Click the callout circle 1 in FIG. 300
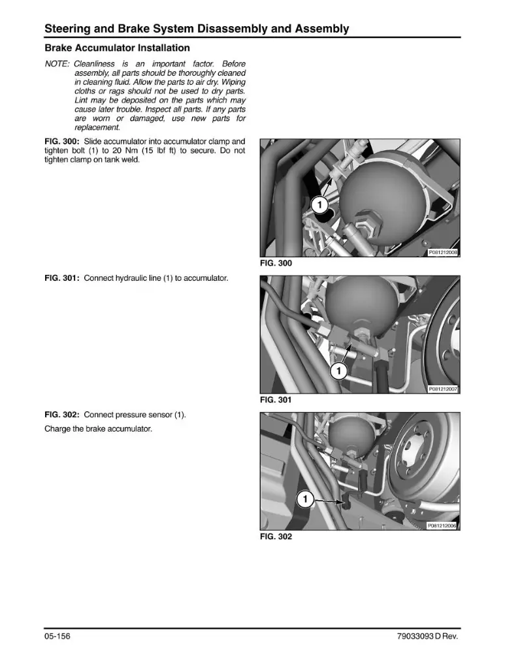pos(320,205)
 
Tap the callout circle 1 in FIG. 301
pos(338,371)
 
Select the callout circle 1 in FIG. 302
pos(305,499)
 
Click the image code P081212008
pos(443,252)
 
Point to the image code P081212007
pos(443,389)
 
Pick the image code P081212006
pos(442,526)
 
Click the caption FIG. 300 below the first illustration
pos(276,263)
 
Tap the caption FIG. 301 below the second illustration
pos(276,400)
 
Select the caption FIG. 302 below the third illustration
pos(276,536)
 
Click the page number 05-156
pos(57,636)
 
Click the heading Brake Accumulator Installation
pos(117,48)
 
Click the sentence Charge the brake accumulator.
pos(99,428)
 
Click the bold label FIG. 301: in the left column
pos(62,278)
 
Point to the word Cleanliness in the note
pos(94,64)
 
